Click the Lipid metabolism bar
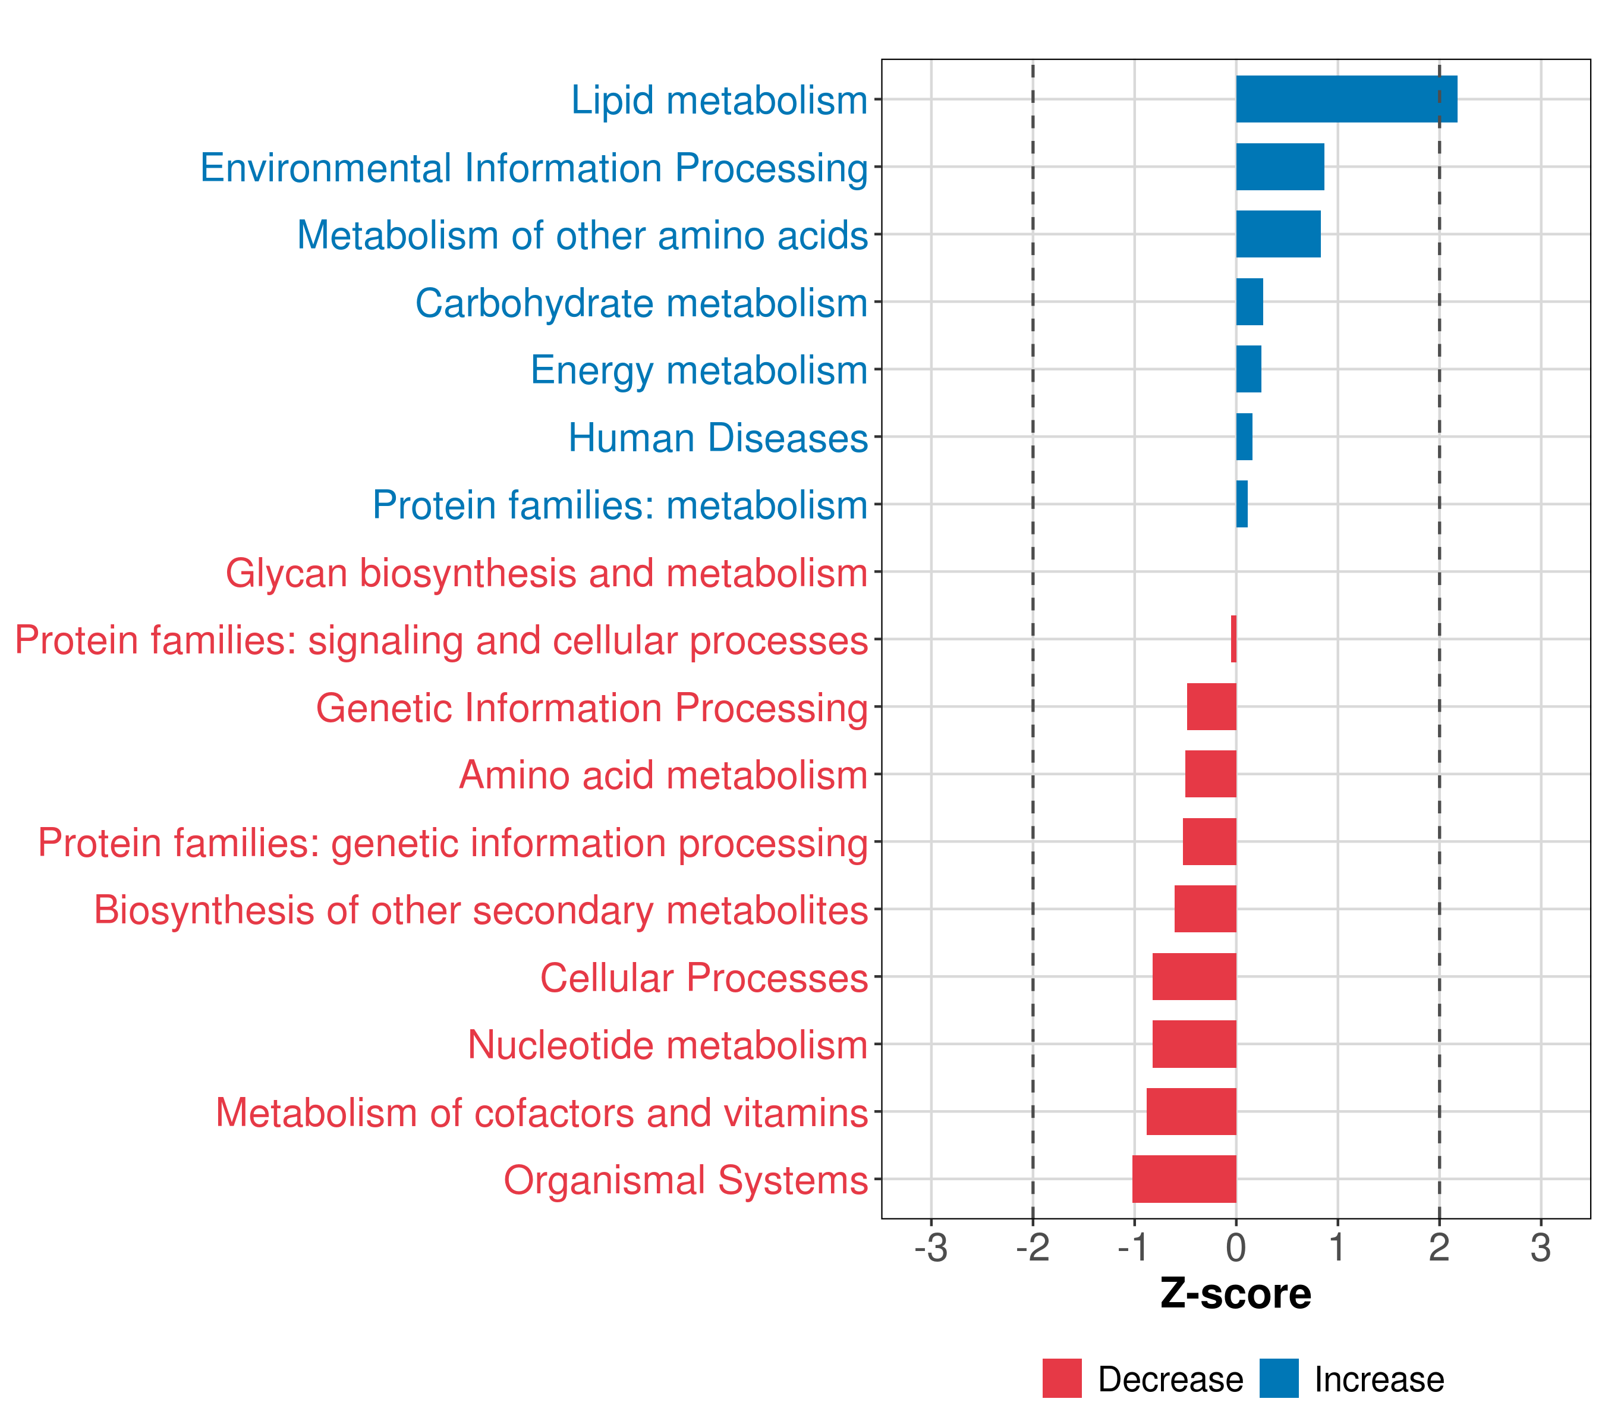1346,99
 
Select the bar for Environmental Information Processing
1280,166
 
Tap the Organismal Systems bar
1184,1179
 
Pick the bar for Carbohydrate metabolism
1250,301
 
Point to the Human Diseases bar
1244,436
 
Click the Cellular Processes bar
1194,976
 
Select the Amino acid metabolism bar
1210,774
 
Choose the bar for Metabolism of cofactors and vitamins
1191,1111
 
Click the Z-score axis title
1235,1293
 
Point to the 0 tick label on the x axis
1235,1247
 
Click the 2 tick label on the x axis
1439,1247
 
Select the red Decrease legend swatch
1062,1378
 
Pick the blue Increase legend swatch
1278,1378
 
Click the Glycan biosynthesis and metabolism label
546,573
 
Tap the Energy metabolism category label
699,370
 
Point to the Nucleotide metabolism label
668,1045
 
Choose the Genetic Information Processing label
591,708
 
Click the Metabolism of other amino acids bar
1277,234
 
